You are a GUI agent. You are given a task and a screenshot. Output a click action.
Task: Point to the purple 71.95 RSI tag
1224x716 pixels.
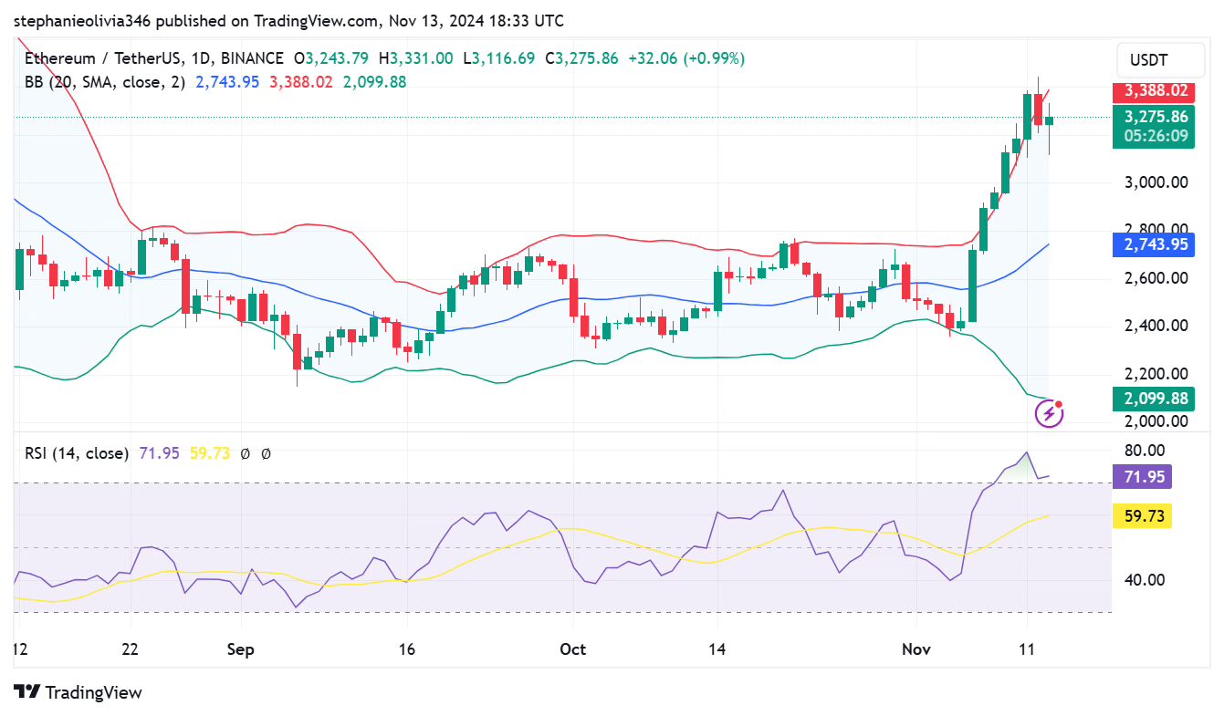(x=1142, y=476)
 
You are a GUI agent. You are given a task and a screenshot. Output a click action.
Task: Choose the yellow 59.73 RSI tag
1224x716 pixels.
(x=1142, y=516)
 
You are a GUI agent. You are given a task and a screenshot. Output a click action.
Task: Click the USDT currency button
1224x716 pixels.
(x=1148, y=61)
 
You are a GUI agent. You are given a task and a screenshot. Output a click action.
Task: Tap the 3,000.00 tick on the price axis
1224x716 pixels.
(x=1155, y=182)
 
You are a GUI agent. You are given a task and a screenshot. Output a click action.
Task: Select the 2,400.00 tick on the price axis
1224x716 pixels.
(x=1155, y=326)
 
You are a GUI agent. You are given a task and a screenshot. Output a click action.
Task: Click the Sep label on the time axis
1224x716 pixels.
(x=240, y=649)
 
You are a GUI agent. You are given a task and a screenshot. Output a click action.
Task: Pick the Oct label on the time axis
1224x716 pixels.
(x=572, y=649)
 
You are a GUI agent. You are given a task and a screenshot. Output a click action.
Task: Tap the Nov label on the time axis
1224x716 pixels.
(x=915, y=649)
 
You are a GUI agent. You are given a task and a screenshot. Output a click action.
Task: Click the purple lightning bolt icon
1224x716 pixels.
(x=1049, y=414)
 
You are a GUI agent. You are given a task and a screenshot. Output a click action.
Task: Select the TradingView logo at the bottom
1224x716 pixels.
(x=78, y=692)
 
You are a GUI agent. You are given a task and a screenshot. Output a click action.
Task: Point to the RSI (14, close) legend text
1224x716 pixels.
(x=77, y=453)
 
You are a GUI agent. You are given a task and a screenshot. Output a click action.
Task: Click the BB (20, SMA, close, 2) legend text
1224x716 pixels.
(x=105, y=82)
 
